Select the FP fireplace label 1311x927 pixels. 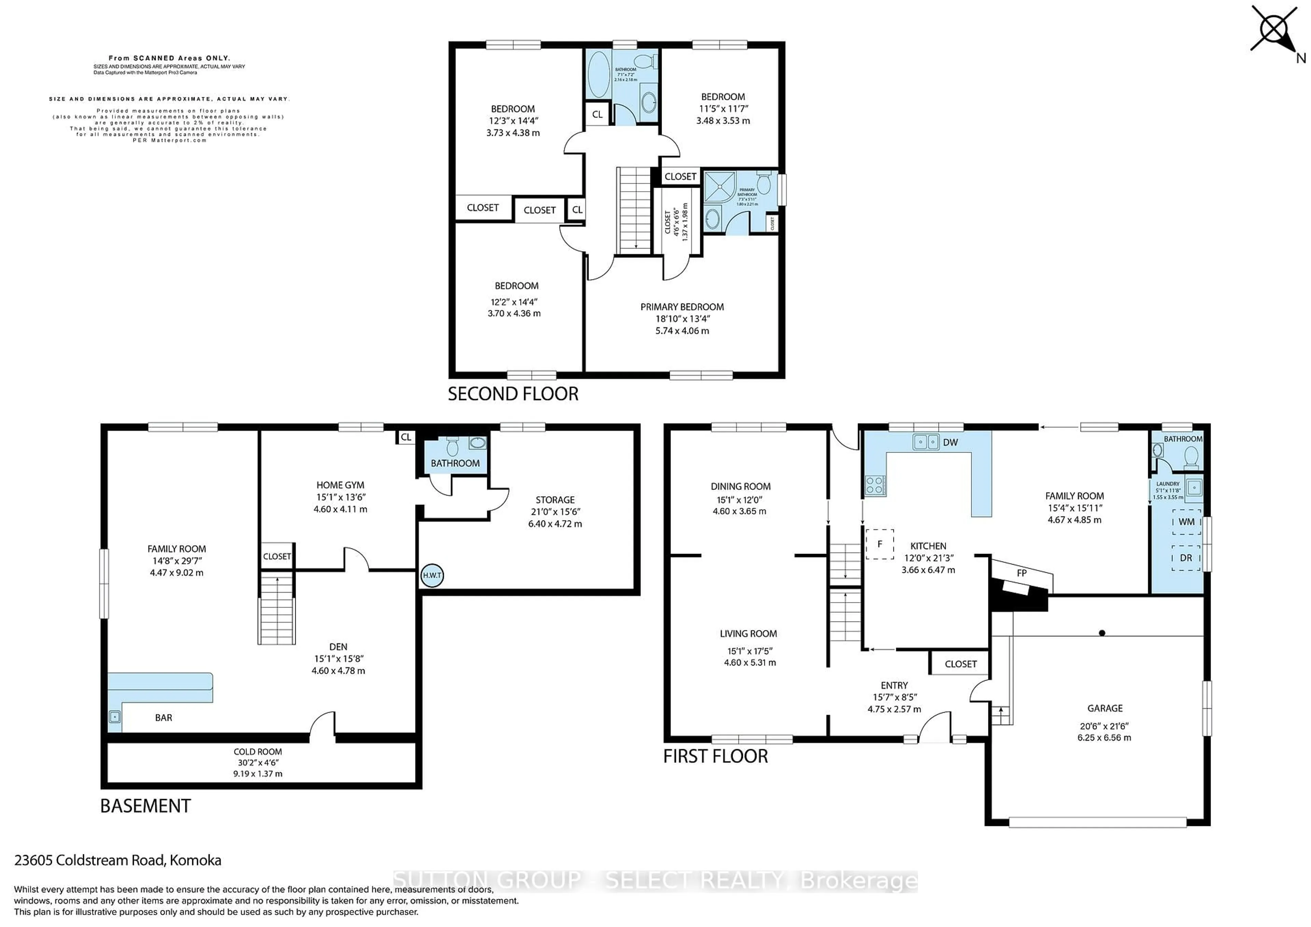click(1021, 572)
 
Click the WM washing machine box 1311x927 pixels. click(1186, 522)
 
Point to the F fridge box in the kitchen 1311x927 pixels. click(879, 544)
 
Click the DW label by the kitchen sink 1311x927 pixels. click(950, 442)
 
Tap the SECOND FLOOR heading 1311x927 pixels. click(513, 394)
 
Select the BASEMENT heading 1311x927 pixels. click(145, 806)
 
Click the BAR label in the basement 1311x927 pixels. click(163, 717)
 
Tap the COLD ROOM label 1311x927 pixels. click(257, 752)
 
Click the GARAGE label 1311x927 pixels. click(1104, 708)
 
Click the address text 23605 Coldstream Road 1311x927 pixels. click(117, 860)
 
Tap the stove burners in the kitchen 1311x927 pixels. click(875, 485)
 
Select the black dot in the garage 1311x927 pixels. click(1102, 633)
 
